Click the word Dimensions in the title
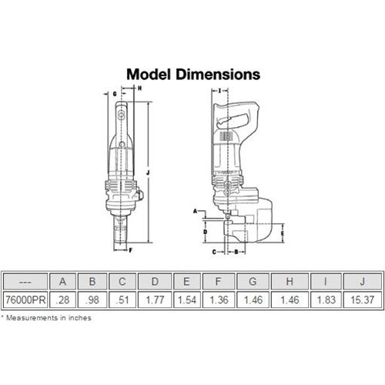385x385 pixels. (x=218, y=75)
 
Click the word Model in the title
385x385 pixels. (x=149, y=75)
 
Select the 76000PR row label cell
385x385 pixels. (x=25, y=300)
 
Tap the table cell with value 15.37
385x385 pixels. (x=363, y=300)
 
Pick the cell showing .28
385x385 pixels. (x=62, y=300)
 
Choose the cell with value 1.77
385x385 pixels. (x=155, y=300)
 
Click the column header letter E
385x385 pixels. (x=186, y=282)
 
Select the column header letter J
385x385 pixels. (x=363, y=282)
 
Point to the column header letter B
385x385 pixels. (x=92, y=282)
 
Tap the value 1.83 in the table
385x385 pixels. (x=326, y=300)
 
